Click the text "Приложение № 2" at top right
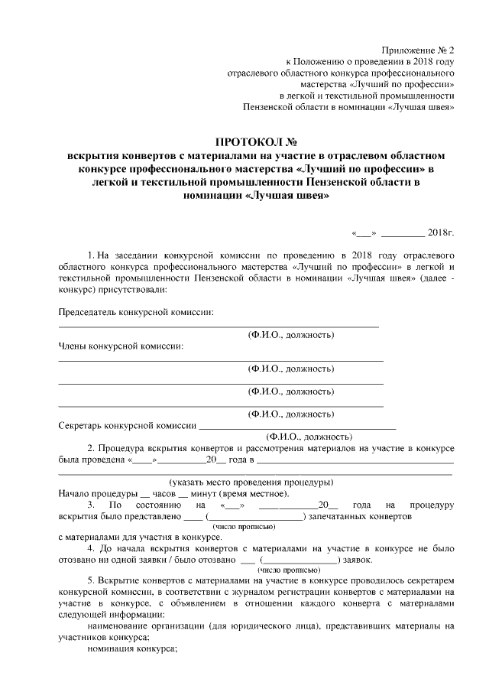(417, 48)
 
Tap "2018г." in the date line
(441, 232)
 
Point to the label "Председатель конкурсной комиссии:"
(137, 312)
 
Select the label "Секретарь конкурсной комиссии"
(128, 426)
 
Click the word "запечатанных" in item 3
(340, 517)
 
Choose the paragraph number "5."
(92, 582)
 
